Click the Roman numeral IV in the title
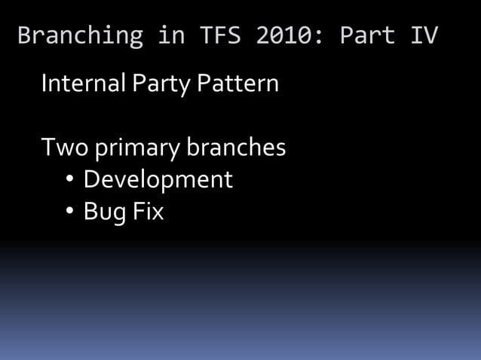coord(424,35)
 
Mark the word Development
coord(158,181)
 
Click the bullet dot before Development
coord(69,181)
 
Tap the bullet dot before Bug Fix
coord(69,213)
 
